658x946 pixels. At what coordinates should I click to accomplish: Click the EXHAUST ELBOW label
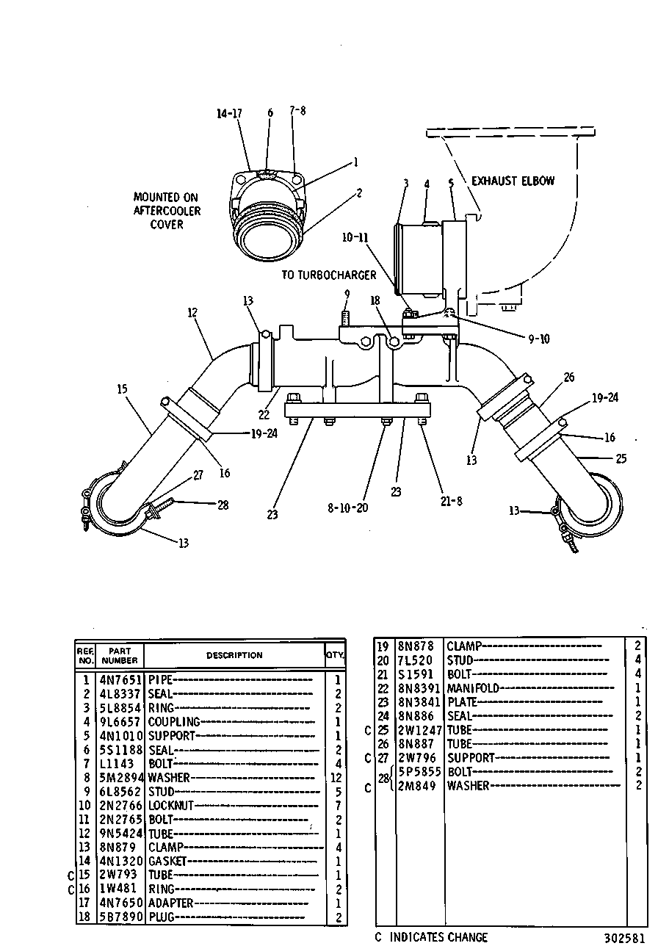tap(513, 181)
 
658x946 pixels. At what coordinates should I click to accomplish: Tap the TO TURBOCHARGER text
tap(328, 275)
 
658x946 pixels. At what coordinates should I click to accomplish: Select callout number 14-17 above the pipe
tap(229, 113)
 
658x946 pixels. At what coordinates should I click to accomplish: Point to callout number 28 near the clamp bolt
tap(223, 505)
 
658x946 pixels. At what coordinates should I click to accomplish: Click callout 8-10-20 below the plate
tap(348, 508)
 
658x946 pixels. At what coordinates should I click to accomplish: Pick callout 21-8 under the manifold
tap(451, 502)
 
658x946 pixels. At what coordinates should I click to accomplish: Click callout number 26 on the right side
tap(569, 377)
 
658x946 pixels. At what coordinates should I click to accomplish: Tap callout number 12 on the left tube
tap(192, 313)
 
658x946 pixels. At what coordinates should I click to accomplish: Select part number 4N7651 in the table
tap(120, 680)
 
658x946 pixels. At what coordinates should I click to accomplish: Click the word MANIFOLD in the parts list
tap(473, 688)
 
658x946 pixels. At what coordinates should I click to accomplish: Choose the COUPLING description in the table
tap(173, 722)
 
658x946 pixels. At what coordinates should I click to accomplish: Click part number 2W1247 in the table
tap(420, 730)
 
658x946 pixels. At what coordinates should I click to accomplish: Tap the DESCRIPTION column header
tap(234, 655)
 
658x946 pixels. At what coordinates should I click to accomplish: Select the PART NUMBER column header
tap(120, 655)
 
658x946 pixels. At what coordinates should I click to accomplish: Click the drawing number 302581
tap(624, 938)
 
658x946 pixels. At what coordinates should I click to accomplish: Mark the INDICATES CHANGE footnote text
tap(438, 937)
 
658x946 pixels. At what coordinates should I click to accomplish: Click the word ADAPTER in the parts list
tap(170, 903)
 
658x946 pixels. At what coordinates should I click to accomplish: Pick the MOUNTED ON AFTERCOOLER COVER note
tap(167, 211)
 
